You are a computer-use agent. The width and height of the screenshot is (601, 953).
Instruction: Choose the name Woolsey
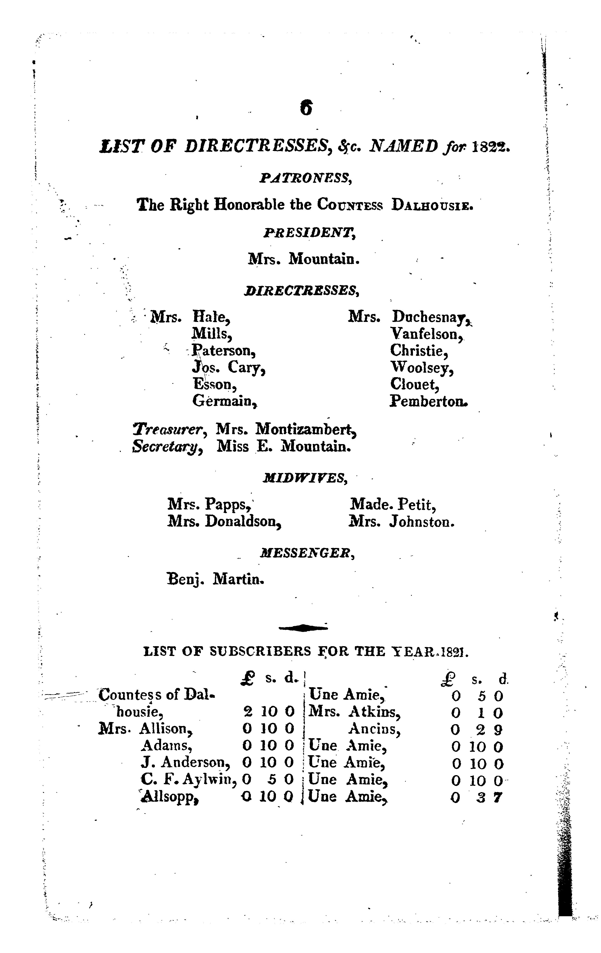pyautogui.click(x=421, y=368)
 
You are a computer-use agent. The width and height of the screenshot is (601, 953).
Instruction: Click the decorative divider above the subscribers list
pyautogui.click(x=303, y=627)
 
